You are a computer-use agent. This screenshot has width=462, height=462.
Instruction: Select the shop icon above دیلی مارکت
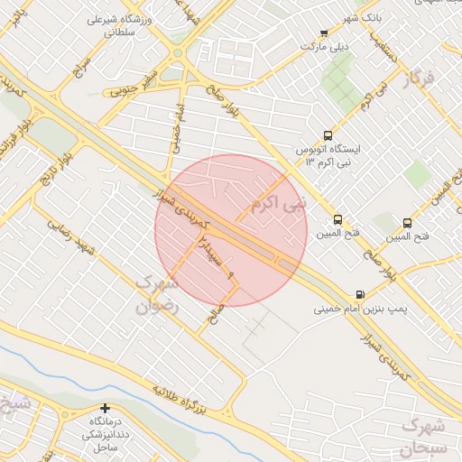[324, 33]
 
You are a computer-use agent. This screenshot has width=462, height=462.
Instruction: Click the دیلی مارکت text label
[324, 45]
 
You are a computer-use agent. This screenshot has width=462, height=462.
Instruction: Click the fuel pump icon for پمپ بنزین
[361, 294]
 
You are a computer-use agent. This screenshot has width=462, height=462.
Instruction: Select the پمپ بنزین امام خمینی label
[360, 310]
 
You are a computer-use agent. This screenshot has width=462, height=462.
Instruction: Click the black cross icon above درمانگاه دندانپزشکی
[106, 409]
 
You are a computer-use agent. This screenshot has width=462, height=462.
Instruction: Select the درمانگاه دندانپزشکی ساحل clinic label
[106, 435]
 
